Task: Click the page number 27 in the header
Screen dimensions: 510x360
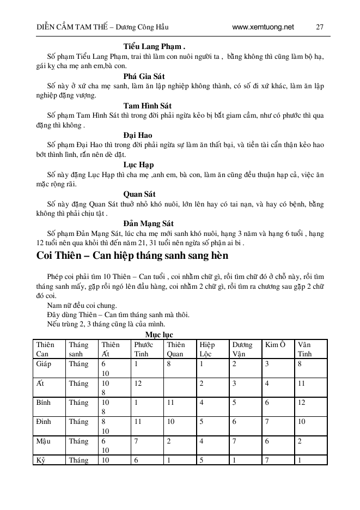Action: (320, 27)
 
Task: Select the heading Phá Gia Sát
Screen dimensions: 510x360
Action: (144, 76)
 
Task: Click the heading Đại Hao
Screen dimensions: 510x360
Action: (137, 135)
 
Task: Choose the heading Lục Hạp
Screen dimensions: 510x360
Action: (138, 165)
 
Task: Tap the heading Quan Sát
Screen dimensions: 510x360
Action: (139, 194)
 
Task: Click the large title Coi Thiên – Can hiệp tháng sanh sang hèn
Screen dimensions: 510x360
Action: (132, 255)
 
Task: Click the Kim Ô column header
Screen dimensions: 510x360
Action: (276, 344)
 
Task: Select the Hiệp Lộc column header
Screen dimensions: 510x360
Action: (207, 349)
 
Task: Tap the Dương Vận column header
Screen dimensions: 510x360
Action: (242, 349)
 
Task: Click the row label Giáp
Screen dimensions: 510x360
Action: (44, 363)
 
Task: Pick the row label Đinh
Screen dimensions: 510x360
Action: (43, 422)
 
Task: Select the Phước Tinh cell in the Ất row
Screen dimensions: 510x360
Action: (138, 383)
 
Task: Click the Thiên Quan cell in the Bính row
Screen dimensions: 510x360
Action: (170, 403)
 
